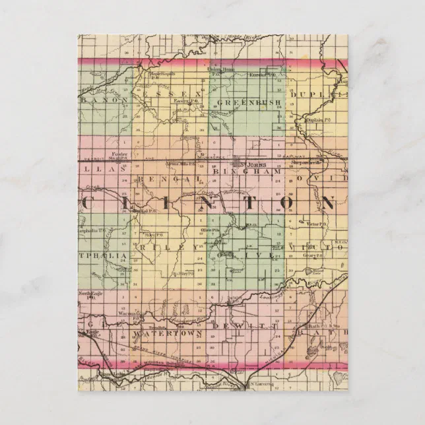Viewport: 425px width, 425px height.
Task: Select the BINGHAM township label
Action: click(x=247, y=171)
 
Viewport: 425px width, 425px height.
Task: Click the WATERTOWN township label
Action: click(x=165, y=334)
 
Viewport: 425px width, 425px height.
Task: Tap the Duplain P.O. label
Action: click(x=318, y=120)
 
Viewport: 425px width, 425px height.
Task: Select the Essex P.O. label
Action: click(x=183, y=101)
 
